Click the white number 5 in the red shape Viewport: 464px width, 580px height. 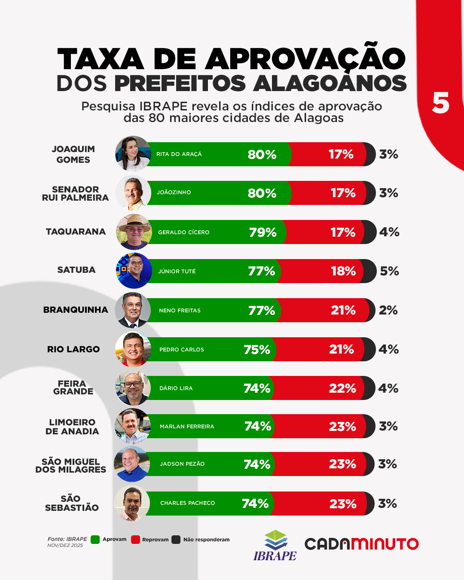pos(440,104)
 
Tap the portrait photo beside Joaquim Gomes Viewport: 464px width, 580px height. pos(133,154)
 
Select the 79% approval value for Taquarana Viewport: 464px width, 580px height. pos(263,232)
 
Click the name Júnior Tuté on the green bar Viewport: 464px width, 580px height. pos(177,272)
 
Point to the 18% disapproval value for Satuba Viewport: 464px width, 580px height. pos(343,271)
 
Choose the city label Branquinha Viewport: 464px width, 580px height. pos(76,310)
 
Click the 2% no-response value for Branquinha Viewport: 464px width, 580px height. pos(388,310)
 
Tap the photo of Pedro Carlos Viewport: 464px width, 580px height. pos(133,349)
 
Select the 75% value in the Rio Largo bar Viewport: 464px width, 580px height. pos(257,350)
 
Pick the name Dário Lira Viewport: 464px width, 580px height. pos(176,388)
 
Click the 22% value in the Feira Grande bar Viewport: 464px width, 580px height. pos(342,388)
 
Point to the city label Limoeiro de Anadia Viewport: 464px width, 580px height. pos(72,427)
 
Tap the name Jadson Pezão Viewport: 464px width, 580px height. pos(182,464)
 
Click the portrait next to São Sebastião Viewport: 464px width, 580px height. pos(132,503)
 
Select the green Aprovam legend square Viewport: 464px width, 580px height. pos(95,540)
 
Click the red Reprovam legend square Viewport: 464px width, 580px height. pos(135,540)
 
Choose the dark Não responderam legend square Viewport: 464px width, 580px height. pos(176,540)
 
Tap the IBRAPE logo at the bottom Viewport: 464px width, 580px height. pos(275,545)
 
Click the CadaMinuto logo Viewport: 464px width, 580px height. pos(361,544)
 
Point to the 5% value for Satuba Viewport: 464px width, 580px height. pos(389,271)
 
